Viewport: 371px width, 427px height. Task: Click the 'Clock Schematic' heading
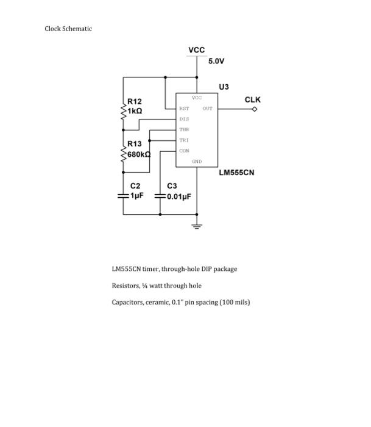click(x=68, y=29)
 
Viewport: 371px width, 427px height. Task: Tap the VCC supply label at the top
click(x=197, y=50)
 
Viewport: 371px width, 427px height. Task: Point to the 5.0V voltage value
click(x=216, y=62)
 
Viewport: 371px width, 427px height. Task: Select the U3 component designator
click(x=225, y=87)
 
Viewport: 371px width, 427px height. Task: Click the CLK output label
click(x=253, y=99)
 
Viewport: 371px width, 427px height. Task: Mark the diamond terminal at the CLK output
click(x=255, y=109)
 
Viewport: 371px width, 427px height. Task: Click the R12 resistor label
click(x=135, y=102)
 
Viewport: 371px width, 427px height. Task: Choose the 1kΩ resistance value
click(x=135, y=111)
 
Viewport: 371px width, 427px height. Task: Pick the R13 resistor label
click(x=135, y=144)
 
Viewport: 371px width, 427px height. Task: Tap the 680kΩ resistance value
click(x=138, y=154)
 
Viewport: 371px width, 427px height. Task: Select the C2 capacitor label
click(x=135, y=185)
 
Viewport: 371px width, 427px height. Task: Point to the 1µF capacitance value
click(x=136, y=196)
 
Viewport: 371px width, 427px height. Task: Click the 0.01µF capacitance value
click(x=178, y=196)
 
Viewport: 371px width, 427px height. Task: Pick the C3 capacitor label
click(x=172, y=185)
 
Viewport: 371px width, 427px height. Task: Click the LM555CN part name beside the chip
click(x=236, y=173)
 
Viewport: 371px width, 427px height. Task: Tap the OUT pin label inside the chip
click(x=207, y=109)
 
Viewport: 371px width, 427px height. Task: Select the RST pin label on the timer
click(x=183, y=109)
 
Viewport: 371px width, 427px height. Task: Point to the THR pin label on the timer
click(x=184, y=129)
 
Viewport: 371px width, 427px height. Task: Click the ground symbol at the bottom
click(x=197, y=226)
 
